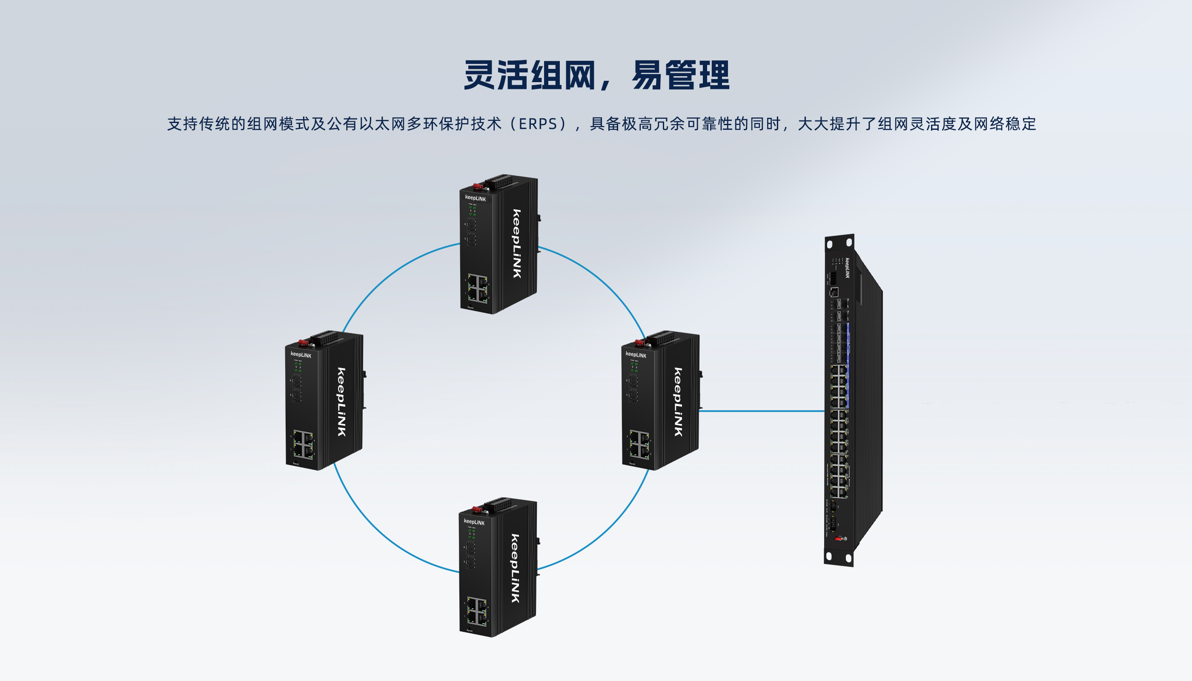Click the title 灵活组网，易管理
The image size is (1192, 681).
pos(596,75)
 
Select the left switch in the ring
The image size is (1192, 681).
pos(324,401)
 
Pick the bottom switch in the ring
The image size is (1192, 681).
pos(497,567)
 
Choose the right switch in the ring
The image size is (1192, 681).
pos(659,401)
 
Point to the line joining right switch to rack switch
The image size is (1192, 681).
pos(762,411)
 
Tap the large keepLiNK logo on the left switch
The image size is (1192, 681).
pos(341,402)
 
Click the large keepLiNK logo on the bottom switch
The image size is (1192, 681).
pos(515,568)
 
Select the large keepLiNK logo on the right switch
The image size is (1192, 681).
pos(678,402)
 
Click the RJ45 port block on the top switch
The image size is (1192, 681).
pos(478,288)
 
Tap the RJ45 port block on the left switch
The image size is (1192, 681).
pos(303,444)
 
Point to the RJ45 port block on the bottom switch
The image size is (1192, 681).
pos(477,611)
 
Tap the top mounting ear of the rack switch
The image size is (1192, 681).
pos(839,243)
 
